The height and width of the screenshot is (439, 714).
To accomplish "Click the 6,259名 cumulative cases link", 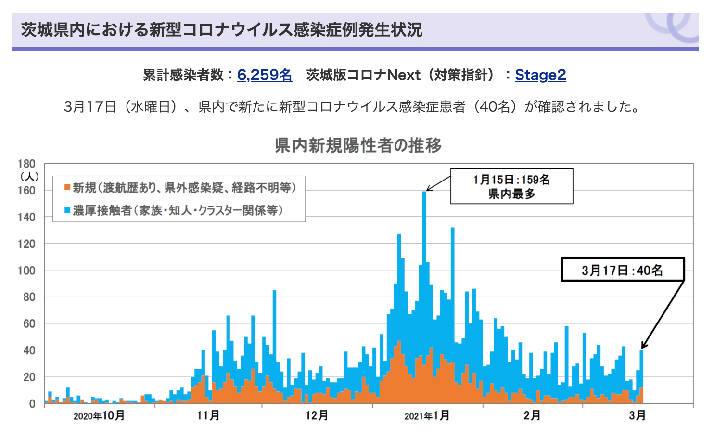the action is click(264, 75).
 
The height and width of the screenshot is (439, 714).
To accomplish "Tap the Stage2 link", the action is click(540, 75).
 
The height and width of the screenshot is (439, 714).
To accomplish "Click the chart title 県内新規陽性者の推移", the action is click(358, 145).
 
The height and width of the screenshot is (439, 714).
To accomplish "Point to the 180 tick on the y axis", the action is click(26, 164).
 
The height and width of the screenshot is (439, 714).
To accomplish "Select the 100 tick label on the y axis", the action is click(26, 271).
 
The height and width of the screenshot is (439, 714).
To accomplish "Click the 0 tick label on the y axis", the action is click(32, 404).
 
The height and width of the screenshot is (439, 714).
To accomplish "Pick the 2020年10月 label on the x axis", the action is click(99, 416).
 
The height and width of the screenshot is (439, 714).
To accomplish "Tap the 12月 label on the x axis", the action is click(317, 416).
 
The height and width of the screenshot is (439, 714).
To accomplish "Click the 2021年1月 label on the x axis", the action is click(427, 416).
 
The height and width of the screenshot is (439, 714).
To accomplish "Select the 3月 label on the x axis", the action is click(637, 416).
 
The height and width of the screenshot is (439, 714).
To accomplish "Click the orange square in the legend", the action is click(67, 187).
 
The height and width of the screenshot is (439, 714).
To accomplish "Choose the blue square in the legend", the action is click(67, 210).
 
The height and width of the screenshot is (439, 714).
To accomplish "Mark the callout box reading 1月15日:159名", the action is click(511, 186).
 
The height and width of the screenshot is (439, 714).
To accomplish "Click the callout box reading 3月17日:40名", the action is click(623, 270).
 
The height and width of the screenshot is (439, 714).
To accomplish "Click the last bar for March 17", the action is click(641, 376).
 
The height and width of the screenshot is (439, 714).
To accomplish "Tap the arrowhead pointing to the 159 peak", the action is click(428, 189).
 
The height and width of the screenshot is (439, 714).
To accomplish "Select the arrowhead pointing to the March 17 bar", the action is click(643, 346).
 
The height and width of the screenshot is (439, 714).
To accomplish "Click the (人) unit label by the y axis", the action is click(29, 176).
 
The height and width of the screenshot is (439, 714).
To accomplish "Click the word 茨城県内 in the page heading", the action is click(53, 30).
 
